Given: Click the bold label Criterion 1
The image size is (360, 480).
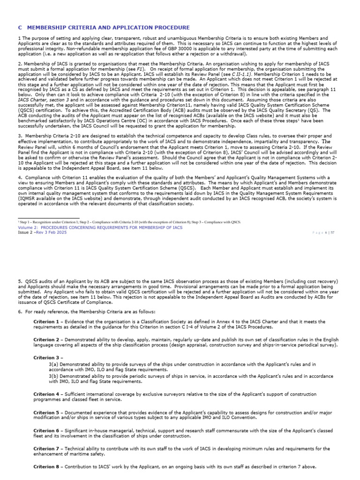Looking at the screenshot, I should coord(46,322).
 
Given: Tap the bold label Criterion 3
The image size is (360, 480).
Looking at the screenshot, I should coord(46,357).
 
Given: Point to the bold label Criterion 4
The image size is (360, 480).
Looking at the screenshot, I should coord(46,395).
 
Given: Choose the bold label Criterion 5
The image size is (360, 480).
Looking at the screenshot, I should coord(46,412).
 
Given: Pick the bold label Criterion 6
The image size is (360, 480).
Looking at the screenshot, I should coord(46,430).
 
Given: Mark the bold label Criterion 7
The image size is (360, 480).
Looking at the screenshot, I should coord(46,449).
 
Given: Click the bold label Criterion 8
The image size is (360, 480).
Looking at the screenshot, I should coord(46,467).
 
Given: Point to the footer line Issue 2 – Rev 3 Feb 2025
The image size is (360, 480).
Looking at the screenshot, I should coord(44,232).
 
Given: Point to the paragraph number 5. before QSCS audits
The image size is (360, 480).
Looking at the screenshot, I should coord(20,281).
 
